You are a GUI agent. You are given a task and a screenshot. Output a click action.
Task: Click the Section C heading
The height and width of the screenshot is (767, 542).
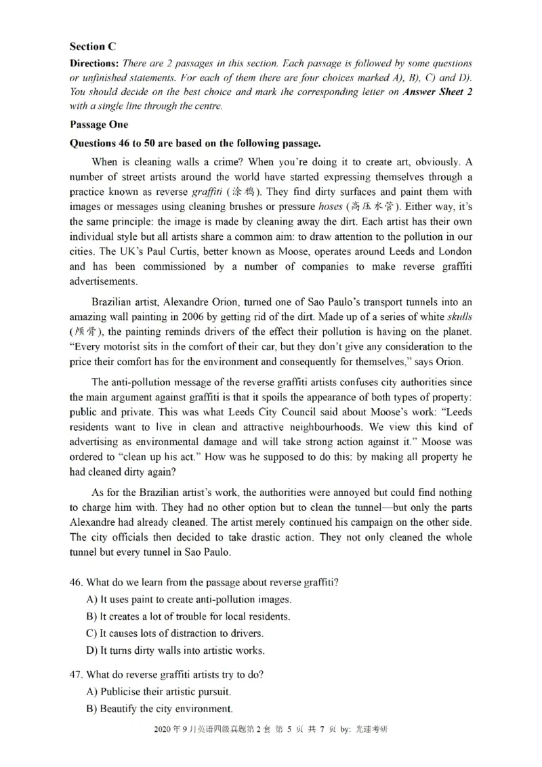click(x=93, y=47)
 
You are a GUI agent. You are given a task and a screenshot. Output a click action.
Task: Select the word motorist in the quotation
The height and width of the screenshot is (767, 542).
click(x=112, y=347)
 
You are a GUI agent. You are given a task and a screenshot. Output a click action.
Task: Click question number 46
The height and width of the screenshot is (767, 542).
click(x=76, y=583)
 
